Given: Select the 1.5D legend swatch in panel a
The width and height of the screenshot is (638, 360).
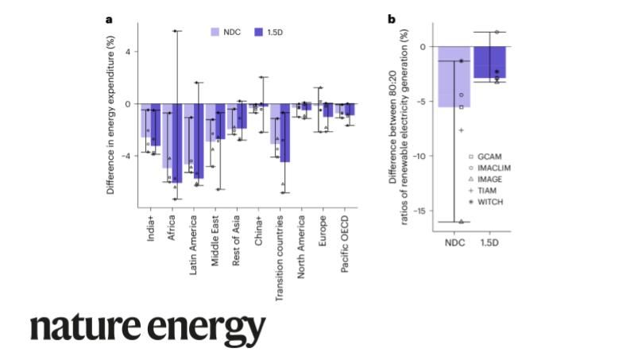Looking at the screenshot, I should [258, 33].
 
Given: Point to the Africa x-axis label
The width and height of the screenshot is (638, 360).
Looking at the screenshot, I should [172, 226].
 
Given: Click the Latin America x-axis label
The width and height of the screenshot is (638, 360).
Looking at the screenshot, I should [194, 239].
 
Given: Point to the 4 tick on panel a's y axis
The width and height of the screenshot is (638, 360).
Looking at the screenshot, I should [127, 52].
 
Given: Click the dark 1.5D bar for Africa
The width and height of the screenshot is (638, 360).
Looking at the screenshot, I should [177, 143].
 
